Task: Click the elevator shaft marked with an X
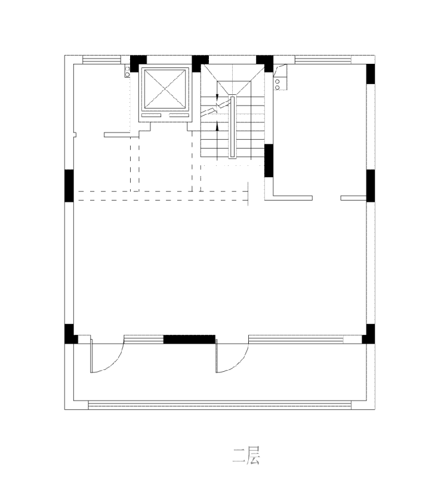tap(165, 89)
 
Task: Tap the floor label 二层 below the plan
tap(246, 456)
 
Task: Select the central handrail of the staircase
tap(232, 127)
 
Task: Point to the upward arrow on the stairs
tap(217, 126)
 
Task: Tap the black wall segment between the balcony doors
tap(189, 339)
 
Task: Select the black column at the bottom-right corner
tap(369, 334)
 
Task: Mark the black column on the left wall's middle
tap(69, 186)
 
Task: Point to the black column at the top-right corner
tap(371, 74)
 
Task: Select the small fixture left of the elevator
tap(127, 72)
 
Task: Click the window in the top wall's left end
tap(101, 60)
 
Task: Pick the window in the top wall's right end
tap(323, 60)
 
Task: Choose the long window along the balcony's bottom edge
tap(220, 405)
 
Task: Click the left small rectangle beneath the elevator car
tap(151, 116)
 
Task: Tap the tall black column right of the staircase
tap(269, 161)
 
